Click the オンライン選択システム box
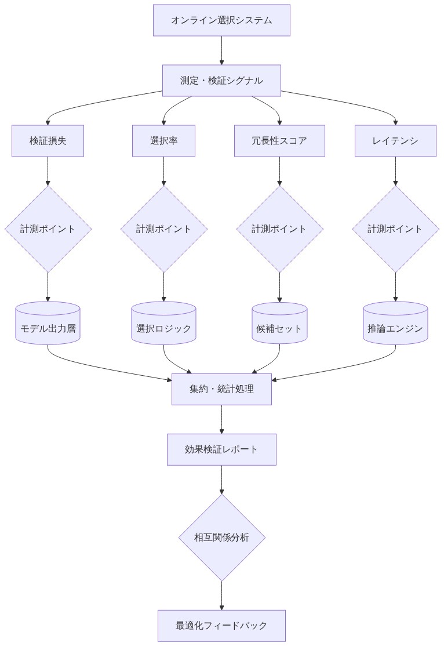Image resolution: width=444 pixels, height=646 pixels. pos(221,20)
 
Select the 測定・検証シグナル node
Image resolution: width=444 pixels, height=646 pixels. pos(221,81)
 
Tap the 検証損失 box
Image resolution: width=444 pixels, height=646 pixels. pos(48,141)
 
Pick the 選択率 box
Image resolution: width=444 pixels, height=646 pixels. pos(163,141)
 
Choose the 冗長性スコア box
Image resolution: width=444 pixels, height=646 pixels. pos(279,141)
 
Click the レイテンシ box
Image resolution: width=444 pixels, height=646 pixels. pos(395,141)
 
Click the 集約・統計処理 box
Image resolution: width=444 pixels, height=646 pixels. pos(221,389)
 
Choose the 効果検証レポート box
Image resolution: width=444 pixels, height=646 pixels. pos(221,449)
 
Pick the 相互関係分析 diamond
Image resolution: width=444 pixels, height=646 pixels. pos(221,538)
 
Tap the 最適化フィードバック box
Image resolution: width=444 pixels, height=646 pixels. pos(221,626)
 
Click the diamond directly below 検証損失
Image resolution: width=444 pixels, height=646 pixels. pos(48,228)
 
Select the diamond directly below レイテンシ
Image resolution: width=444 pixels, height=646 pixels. pos(395,228)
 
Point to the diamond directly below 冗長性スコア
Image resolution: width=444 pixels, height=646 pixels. pos(279,228)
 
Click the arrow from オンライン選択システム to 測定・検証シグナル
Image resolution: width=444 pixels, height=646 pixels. pos(221,50)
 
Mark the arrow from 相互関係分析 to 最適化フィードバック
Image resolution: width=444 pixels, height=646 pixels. pos(221,596)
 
